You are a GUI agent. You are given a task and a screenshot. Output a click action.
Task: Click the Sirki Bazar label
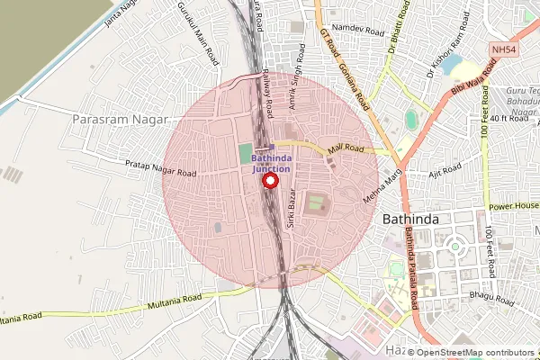coord(291,211)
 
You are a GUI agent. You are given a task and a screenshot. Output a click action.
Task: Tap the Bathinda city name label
coord(410,220)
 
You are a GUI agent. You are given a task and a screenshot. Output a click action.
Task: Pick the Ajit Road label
coord(445,168)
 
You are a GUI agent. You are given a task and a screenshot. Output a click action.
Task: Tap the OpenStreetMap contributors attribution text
coord(475,352)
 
